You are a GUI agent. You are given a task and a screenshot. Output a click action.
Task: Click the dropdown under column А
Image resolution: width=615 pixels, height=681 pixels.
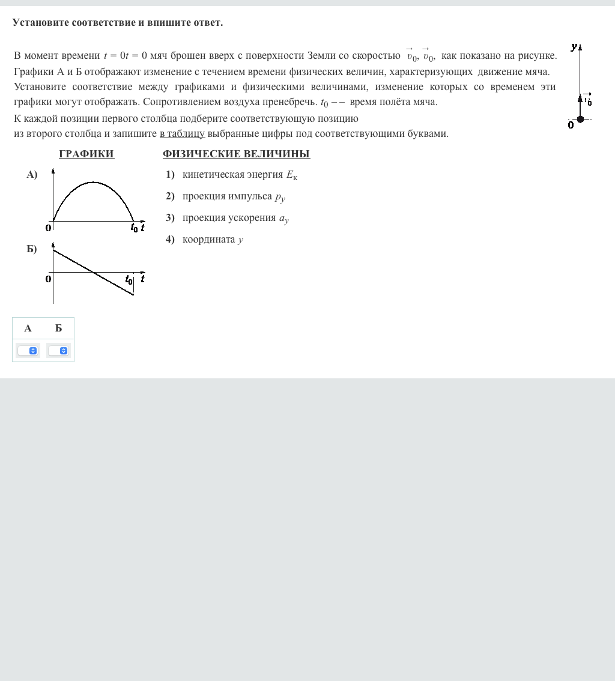point(28,351)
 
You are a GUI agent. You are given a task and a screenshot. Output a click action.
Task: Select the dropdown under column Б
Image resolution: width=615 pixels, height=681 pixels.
point(58,351)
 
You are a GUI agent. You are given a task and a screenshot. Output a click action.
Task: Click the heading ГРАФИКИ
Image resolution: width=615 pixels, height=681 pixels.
point(86,154)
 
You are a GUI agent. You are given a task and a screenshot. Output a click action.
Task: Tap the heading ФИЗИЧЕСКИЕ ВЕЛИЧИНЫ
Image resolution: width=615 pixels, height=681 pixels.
point(236,154)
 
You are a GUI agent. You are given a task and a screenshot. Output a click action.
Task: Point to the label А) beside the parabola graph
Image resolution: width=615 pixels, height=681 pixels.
point(32,175)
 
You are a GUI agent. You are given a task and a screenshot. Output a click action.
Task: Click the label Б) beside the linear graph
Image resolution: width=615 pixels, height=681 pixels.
point(32,249)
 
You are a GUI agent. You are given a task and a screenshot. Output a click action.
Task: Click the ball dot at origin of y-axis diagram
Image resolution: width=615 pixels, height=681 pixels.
point(580,119)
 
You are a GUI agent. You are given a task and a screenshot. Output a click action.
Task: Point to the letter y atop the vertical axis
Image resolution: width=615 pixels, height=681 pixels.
point(574,46)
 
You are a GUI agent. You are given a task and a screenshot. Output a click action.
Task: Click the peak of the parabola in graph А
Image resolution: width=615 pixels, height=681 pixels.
point(93,182)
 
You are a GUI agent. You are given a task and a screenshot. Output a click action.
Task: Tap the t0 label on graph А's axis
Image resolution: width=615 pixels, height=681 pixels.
point(134,228)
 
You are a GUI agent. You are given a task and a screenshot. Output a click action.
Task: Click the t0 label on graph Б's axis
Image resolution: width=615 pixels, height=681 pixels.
point(129,279)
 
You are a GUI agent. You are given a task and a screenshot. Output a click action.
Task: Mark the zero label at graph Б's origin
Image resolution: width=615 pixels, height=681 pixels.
point(48,279)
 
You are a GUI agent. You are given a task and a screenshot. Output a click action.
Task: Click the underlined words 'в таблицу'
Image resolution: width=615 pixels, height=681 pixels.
point(182,133)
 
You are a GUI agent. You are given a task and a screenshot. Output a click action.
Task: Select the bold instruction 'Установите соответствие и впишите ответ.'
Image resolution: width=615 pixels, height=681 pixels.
point(117,22)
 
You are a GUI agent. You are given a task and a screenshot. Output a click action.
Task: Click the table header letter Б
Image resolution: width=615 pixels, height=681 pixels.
point(58,328)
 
